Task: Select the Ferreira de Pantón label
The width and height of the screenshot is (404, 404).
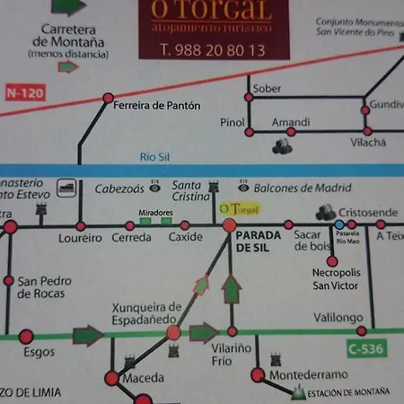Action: pos(157,105)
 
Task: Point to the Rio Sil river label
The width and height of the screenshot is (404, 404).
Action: pos(154,156)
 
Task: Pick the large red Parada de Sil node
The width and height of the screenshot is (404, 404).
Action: pos(230,224)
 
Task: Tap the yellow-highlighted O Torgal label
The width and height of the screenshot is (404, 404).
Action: pos(240,208)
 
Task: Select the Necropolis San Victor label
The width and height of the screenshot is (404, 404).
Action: pos(335,279)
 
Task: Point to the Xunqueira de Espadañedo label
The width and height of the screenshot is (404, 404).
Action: pos(146,313)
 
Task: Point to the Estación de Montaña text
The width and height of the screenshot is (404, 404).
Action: pos(349,392)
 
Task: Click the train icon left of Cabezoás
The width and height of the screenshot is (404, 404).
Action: pos(65,188)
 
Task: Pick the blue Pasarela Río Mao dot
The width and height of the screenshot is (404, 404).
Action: pos(338,224)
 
